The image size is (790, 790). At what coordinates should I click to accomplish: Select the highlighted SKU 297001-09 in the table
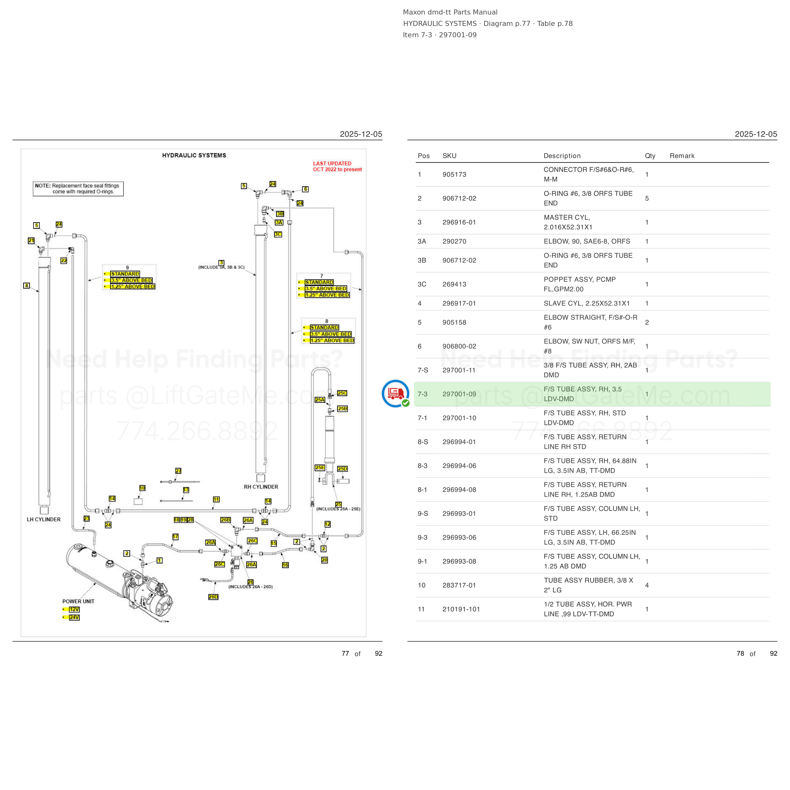[x=459, y=394]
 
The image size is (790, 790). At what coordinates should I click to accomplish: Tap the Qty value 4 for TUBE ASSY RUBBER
[x=647, y=585]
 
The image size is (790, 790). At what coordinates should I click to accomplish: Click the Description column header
[x=562, y=156]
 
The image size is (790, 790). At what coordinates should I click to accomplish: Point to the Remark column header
[x=682, y=156]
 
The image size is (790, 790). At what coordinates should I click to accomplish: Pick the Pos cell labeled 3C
[x=422, y=284]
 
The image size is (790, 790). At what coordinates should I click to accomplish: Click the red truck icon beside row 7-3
[x=395, y=393]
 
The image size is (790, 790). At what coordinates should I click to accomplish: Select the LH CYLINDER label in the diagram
[x=44, y=519]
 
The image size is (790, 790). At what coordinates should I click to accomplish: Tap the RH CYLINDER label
[x=261, y=487]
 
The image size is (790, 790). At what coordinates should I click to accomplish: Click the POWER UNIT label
[x=78, y=601]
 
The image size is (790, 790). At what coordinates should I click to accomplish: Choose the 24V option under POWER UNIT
[x=74, y=617]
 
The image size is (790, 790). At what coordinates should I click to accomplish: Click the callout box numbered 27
[x=178, y=471]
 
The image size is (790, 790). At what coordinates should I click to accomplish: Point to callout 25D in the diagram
[x=343, y=469]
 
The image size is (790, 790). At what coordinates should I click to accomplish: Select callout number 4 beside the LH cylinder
[x=27, y=285]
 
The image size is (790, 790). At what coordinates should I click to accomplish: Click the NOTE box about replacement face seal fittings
[x=78, y=189]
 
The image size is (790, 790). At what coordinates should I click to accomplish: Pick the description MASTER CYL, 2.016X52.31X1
[x=568, y=222]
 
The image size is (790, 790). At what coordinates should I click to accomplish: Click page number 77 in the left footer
[x=345, y=653]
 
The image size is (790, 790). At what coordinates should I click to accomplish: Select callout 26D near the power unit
[x=213, y=597]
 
